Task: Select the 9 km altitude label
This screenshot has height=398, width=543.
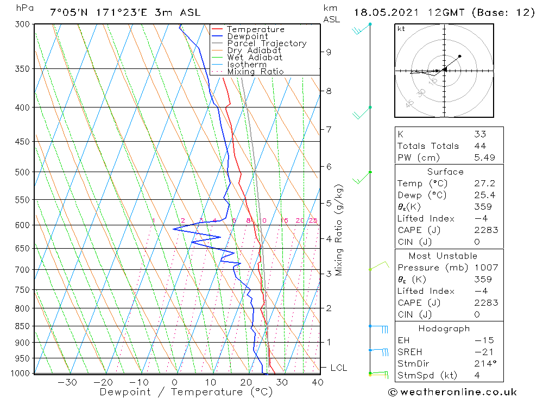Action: tap(329, 52)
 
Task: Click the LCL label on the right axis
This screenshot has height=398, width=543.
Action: tap(338, 368)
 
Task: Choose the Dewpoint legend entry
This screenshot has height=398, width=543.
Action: tap(247, 36)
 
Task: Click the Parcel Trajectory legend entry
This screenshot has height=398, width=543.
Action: tap(267, 43)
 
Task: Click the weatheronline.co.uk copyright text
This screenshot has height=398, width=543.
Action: tap(452, 392)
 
